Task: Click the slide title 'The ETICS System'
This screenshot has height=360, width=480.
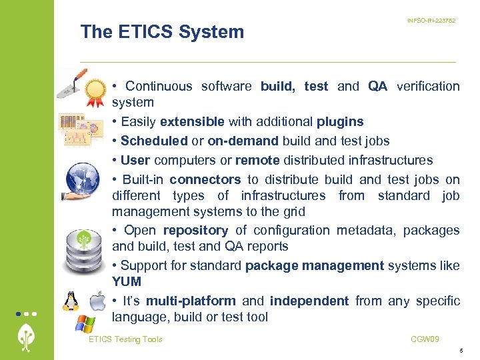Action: coord(162,32)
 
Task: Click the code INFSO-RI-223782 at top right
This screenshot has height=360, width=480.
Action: coord(431,21)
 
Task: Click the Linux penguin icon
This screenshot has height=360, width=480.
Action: coord(71,301)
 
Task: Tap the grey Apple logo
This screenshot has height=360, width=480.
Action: coord(97,301)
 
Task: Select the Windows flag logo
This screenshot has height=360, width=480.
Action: coord(85,325)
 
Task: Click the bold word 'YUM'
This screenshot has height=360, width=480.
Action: coord(127,281)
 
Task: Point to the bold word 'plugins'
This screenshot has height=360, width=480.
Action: coord(340,121)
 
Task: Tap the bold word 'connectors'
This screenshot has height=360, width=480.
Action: coord(205,179)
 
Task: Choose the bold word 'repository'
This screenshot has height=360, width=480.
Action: coord(195,230)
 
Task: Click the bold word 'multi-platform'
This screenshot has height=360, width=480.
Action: coord(191,301)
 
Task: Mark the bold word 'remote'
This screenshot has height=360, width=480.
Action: coord(257,160)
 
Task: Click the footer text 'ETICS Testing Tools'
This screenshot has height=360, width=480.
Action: coord(125,339)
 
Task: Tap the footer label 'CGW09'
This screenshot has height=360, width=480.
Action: coord(425,339)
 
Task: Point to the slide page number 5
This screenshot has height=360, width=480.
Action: coord(461,351)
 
